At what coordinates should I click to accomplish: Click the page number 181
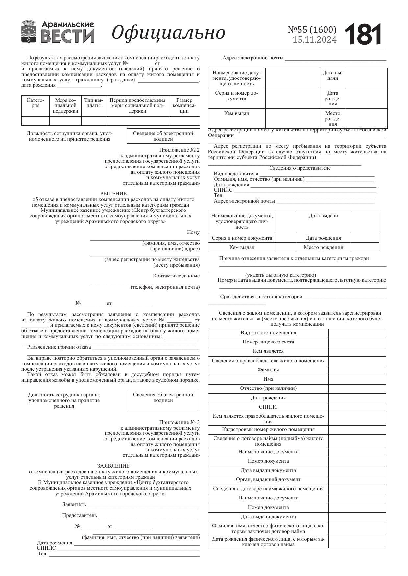[x=363, y=34]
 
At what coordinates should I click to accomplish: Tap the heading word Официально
[x=168, y=33]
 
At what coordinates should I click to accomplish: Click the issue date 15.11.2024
[x=315, y=40]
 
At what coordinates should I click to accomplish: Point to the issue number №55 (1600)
[x=312, y=30]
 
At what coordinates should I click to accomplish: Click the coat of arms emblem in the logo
[x=29, y=32]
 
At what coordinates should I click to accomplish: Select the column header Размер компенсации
[x=184, y=105]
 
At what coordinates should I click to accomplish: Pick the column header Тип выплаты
[x=93, y=103]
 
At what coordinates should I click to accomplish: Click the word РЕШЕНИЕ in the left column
[x=113, y=194]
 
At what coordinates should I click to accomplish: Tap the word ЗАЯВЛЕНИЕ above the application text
[x=113, y=466]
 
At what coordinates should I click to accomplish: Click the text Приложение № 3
[x=179, y=422]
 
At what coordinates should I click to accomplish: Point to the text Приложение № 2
[x=179, y=150]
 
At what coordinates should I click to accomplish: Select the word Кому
[x=193, y=232]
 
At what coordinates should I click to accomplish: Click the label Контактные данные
[x=176, y=276]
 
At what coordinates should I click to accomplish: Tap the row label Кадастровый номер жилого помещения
[x=268, y=429]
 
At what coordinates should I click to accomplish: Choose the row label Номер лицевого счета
[x=268, y=342]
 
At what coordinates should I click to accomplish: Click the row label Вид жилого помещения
[x=268, y=333]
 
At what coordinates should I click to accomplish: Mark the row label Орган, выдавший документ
[x=268, y=479]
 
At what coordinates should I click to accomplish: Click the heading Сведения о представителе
[x=300, y=168]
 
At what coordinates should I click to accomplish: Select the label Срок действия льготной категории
[x=261, y=297]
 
